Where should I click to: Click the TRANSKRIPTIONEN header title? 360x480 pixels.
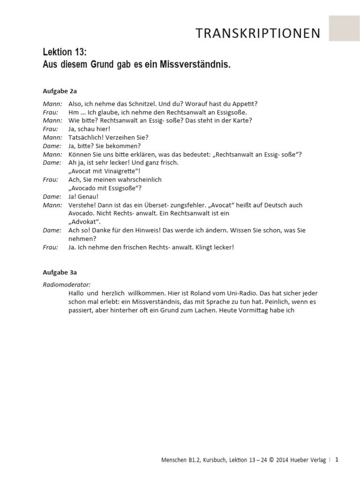click(x=258, y=33)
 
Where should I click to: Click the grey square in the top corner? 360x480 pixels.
click(x=345, y=28)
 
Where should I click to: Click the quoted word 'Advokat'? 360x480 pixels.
click(x=84, y=222)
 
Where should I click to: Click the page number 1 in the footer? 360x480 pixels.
click(x=337, y=460)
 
